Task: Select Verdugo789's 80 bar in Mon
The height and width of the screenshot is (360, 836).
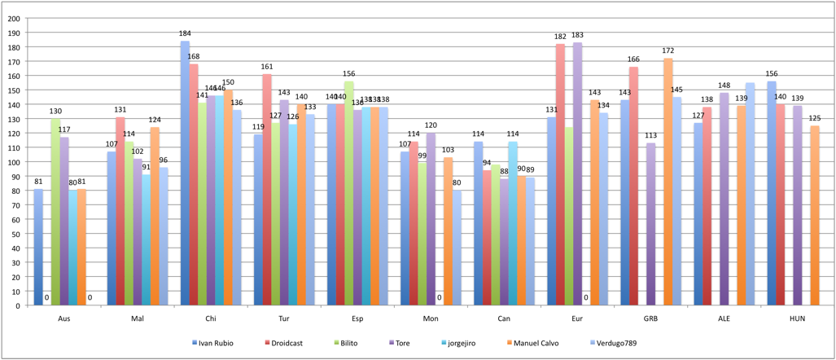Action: (x=457, y=248)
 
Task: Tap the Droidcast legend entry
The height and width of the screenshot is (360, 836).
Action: (x=285, y=343)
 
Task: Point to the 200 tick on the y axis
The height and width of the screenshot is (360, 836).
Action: (x=14, y=33)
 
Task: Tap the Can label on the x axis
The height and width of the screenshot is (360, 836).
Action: (x=505, y=318)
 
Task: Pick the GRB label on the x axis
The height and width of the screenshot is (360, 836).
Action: (x=651, y=318)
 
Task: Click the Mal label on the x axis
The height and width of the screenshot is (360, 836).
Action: (x=138, y=318)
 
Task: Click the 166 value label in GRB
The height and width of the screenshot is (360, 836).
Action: (x=634, y=59)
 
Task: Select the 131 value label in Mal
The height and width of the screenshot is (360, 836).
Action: (x=120, y=110)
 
